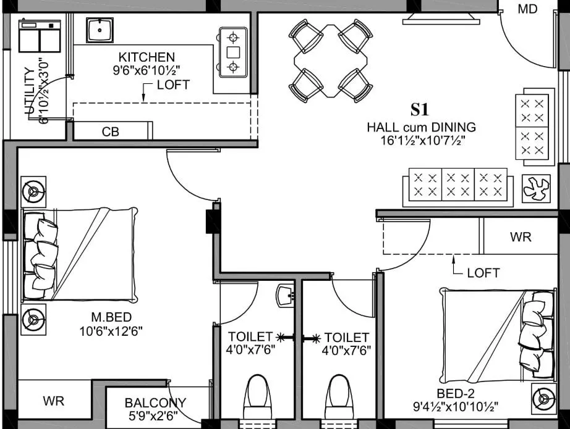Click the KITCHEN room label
click(x=147, y=57)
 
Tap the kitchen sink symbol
click(x=100, y=30)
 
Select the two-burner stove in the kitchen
click(x=233, y=51)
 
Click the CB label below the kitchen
click(x=111, y=131)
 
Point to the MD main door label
click(x=527, y=9)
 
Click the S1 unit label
click(x=420, y=110)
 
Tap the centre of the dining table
click(x=330, y=60)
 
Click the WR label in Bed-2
click(x=521, y=237)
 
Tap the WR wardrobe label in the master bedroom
click(x=54, y=401)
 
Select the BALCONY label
click(x=155, y=403)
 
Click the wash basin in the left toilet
click(x=286, y=294)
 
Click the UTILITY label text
click(x=28, y=91)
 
